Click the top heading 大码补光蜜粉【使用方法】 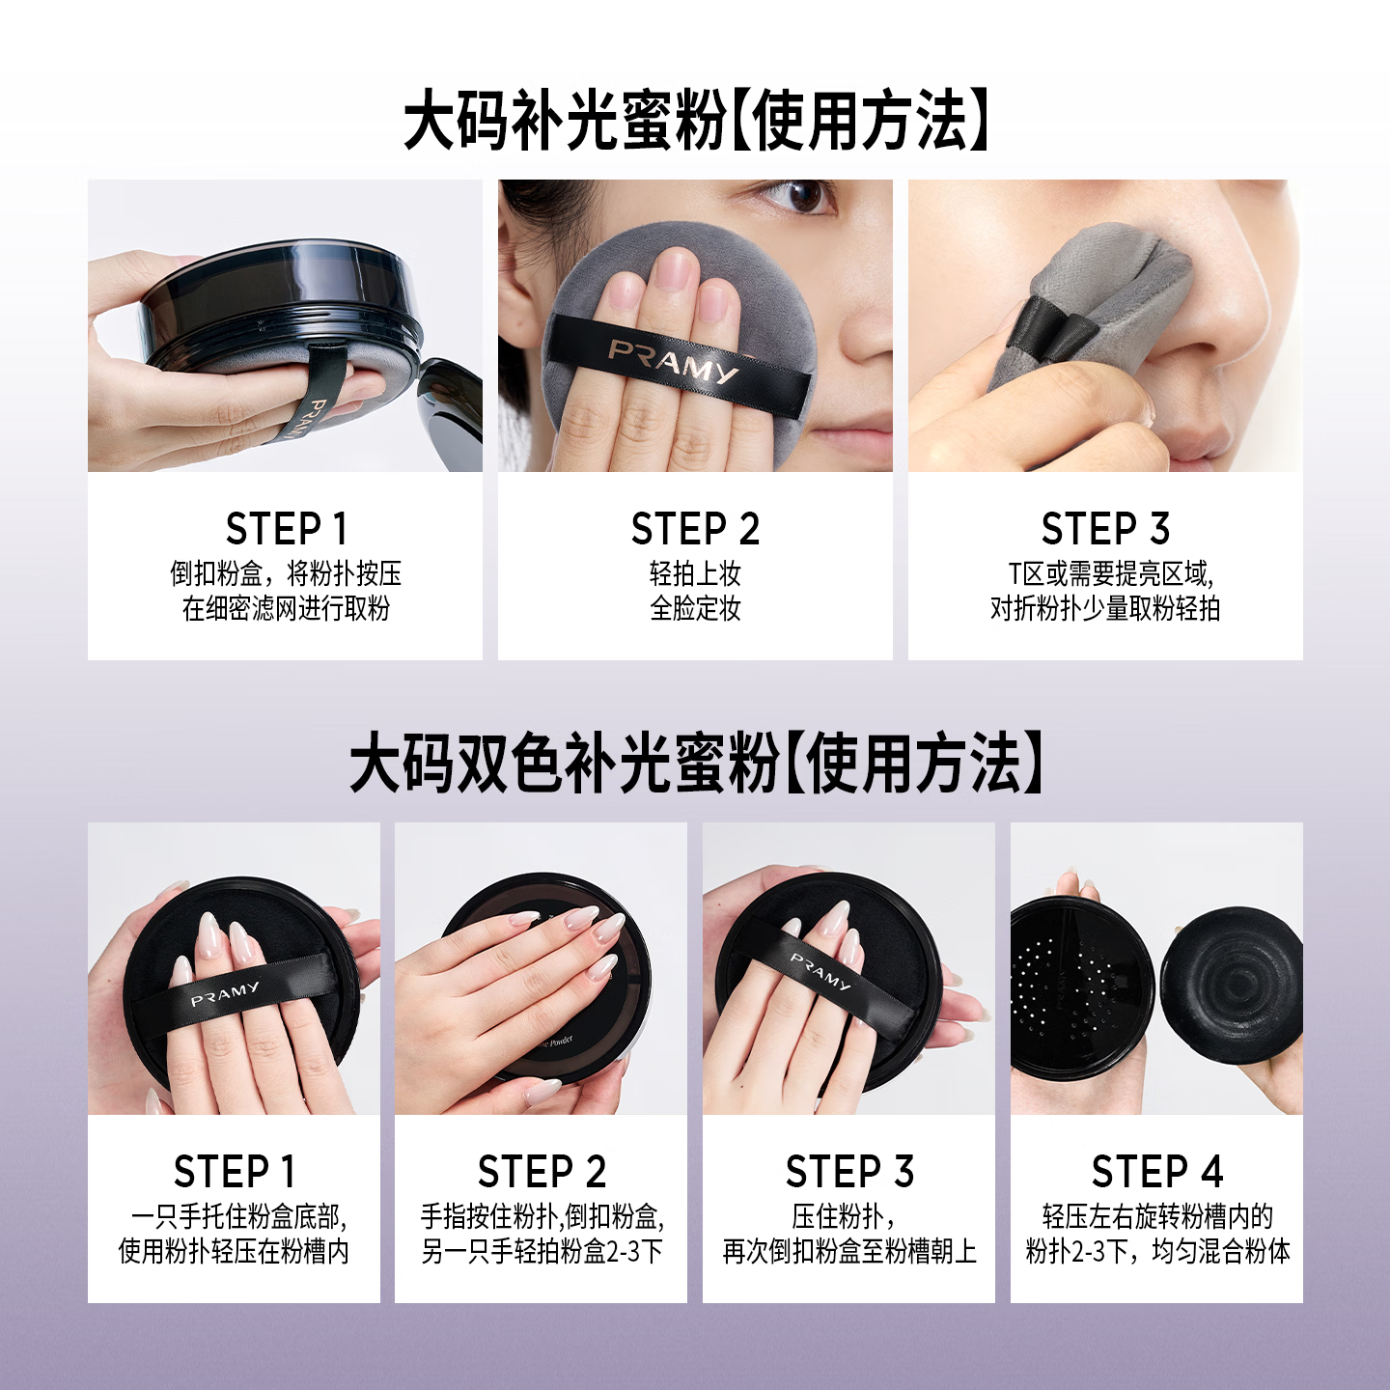click(x=695, y=121)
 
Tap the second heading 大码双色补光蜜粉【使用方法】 click(x=695, y=764)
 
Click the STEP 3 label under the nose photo click(x=1105, y=529)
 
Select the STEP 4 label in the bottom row click(x=1157, y=1171)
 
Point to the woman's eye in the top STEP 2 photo click(x=799, y=195)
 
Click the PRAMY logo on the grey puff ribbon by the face click(x=673, y=362)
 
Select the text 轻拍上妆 click(x=695, y=573)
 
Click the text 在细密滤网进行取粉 click(x=286, y=608)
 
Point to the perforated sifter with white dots click(x=1074, y=989)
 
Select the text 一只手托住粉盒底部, click(x=238, y=1217)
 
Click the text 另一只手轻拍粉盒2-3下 click(x=542, y=1251)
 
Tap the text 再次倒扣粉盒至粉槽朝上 click(x=849, y=1251)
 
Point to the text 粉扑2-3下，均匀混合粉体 click(x=1157, y=1251)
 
